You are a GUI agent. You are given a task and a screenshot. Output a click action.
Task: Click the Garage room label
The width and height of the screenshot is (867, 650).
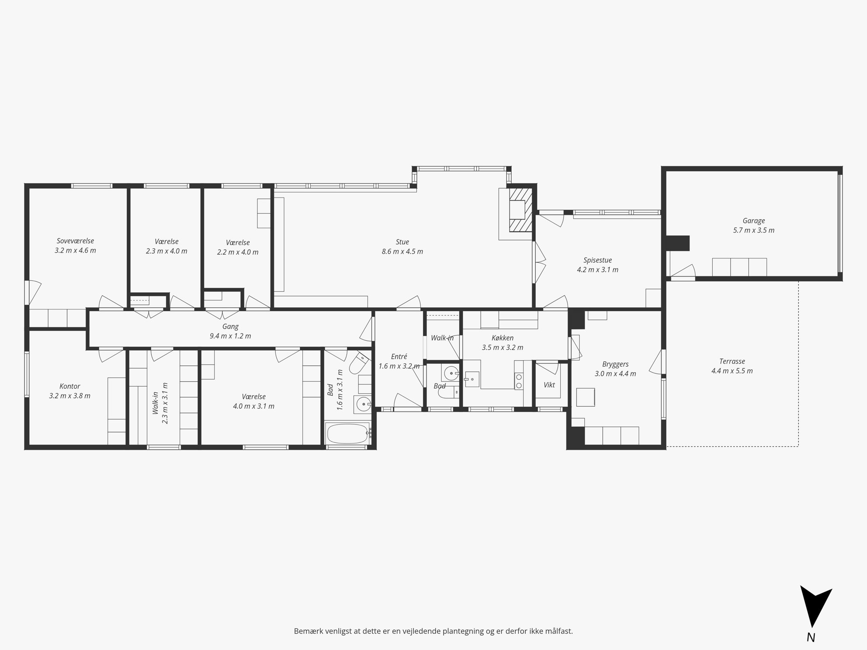pyautogui.click(x=753, y=221)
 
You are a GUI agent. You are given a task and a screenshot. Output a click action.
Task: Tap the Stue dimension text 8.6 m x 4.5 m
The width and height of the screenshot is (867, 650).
pyautogui.click(x=402, y=252)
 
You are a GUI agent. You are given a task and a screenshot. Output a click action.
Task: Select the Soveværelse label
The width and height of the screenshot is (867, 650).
pyautogui.click(x=75, y=241)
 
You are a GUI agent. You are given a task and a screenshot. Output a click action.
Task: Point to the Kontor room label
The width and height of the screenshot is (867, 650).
pyautogui.click(x=70, y=386)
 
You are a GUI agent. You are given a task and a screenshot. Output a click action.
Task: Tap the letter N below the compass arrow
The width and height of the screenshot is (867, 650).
pyautogui.click(x=811, y=637)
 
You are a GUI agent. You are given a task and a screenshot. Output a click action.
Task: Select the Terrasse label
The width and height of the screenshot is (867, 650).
pyautogui.click(x=732, y=361)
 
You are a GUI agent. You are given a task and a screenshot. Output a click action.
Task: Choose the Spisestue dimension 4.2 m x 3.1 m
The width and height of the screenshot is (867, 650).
pyautogui.click(x=597, y=270)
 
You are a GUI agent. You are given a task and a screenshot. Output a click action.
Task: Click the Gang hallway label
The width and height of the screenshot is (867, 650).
pyautogui.click(x=230, y=326)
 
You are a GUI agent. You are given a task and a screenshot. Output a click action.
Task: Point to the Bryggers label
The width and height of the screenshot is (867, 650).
pyautogui.click(x=615, y=364)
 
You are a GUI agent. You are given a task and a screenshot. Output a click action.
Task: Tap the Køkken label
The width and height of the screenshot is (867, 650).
pyautogui.click(x=502, y=338)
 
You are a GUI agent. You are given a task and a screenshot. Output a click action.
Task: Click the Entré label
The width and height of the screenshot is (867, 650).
pyautogui.click(x=399, y=356)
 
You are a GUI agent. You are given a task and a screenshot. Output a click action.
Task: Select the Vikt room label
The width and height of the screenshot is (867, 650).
pyautogui.click(x=549, y=384)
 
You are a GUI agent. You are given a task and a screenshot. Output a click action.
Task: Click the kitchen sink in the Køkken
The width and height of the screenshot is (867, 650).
pyautogui.click(x=472, y=379)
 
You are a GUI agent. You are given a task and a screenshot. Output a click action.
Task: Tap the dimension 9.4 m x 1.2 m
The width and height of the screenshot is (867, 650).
pyautogui.click(x=230, y=336)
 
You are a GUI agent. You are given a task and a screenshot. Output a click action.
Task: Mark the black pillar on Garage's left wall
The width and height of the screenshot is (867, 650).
pyautogui.click(x=677, y=243)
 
